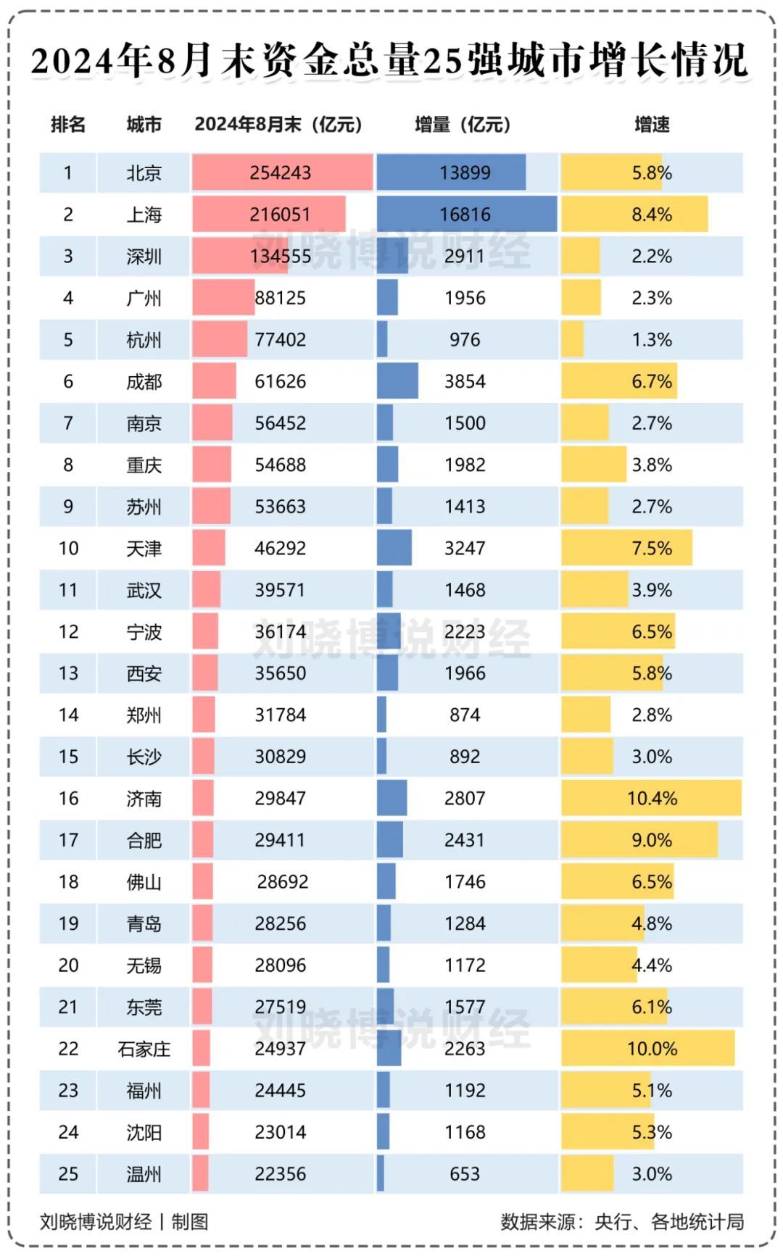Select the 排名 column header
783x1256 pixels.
pos(68,125)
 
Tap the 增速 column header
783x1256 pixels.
pos(652,125)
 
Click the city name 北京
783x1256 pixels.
pos(144,173)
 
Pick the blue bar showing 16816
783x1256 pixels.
pos(466,215)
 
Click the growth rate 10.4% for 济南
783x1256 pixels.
pos(652,799)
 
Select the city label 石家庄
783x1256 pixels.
pos(144,1049)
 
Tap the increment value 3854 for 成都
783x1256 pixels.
pos(465,381)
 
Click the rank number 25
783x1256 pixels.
pos(68,1174)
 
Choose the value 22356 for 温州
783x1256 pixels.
pos(280,1174)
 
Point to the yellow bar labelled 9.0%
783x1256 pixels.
pos(639,840)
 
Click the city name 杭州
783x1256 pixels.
pos(144,340)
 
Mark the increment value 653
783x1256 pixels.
pos(465,1174)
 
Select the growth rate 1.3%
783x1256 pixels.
pos(652,340)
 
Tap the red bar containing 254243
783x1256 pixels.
pos(282,173)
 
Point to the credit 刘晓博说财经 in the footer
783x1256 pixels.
pos(96,1222)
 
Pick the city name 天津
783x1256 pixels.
pos(144,549)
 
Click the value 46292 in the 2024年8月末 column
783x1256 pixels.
pos(280,549)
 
